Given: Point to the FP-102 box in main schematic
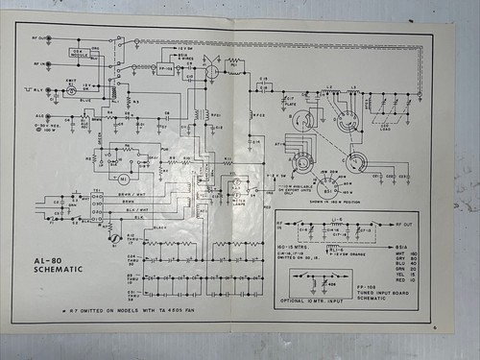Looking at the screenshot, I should coord(164,69).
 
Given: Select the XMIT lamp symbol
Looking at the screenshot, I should coord(72,91).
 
